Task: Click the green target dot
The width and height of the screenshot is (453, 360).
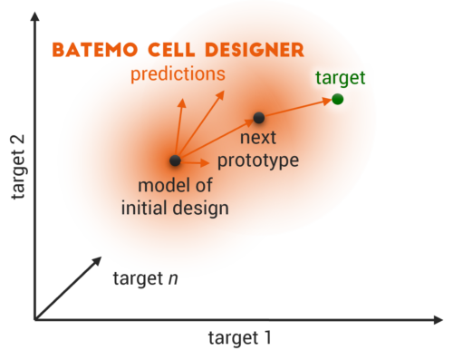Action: point(337,99)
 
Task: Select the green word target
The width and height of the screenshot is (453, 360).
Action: point(340,78)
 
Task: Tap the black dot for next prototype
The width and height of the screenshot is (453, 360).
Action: point(258,118)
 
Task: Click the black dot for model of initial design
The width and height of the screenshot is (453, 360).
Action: point(174,161)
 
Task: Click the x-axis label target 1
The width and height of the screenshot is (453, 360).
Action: point(239,337)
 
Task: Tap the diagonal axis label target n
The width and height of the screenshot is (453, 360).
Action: point(144,277)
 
